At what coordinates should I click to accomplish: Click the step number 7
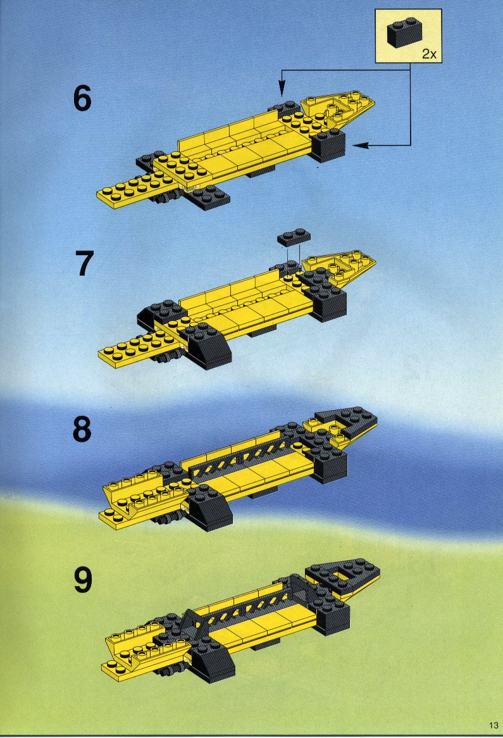tap(84, 263)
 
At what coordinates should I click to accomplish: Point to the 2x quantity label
tap(429, 54)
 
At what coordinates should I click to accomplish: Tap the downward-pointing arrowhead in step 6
tap(282, 87)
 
